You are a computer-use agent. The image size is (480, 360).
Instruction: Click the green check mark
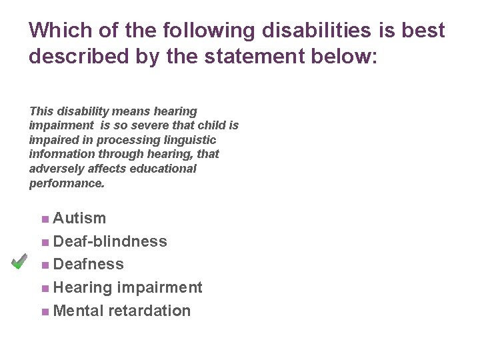tap(19, 261)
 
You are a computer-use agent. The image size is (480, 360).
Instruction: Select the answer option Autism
tap(79, 218)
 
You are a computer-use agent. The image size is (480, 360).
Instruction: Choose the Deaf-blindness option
tap(110, 241)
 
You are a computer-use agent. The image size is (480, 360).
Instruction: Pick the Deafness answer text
tap(89, 264)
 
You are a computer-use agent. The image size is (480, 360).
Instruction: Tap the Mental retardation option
tap(122, 311)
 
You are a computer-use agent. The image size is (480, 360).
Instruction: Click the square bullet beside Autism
tap(44, 219)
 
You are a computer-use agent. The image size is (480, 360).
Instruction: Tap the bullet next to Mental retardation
tap(44, 311)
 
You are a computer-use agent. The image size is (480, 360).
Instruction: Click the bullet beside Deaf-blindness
tap(44, 242)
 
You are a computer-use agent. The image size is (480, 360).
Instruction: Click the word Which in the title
tap(56, 31)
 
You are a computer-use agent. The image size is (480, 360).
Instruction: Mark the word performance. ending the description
tap(67, 183)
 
